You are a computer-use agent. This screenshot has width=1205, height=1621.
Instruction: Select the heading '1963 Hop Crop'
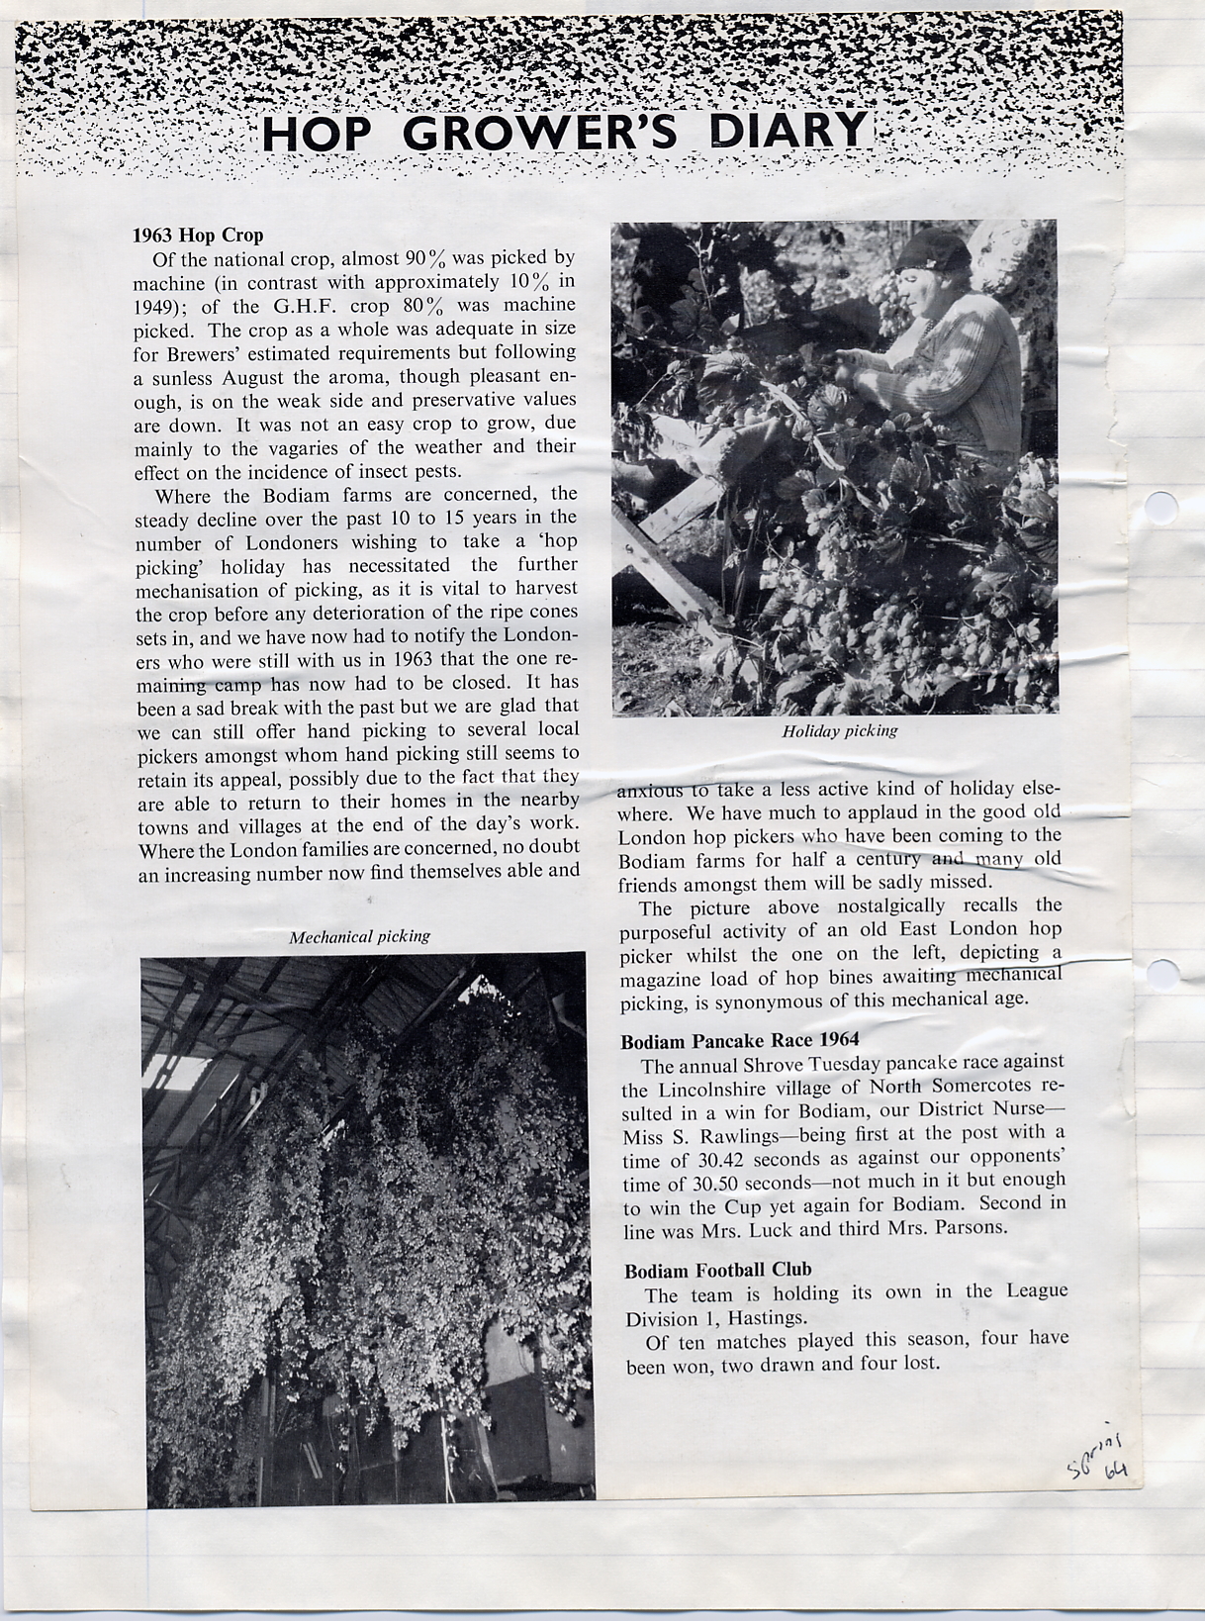click(198, 236)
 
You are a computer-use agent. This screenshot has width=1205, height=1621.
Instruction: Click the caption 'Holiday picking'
click(840, 731)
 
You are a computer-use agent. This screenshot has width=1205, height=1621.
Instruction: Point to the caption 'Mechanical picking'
click(359, 936)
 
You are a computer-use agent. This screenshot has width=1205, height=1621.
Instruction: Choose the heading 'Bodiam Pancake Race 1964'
click(739, 1040)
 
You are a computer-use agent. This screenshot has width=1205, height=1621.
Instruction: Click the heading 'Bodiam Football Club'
click(717, 1270)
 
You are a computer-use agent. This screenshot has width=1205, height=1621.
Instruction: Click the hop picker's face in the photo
click(924, 301)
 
